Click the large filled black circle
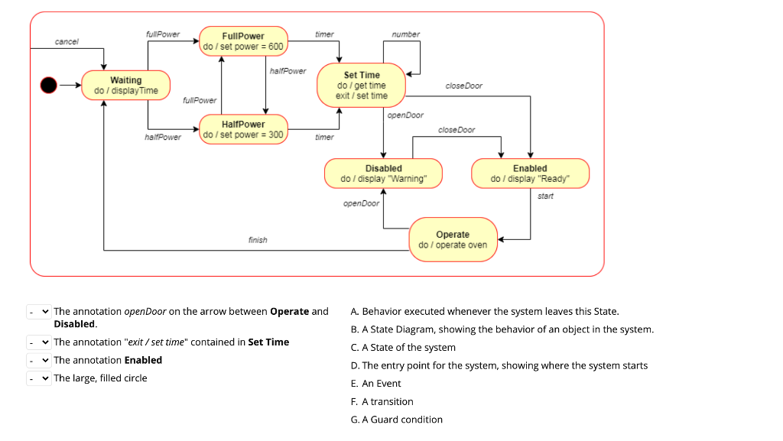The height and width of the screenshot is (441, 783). click(x=50, y=85)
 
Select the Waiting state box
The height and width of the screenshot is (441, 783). click(x=126, y=85)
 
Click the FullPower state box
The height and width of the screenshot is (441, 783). click(x=243, y=41)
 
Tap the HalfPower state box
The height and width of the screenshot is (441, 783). click(x=243, y=129)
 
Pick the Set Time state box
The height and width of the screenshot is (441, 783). click(x=362, y=85)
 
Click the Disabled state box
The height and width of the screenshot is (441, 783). click(x=383, y=173)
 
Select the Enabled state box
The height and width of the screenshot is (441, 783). click(x=530, y=173)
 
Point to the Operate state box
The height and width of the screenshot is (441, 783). click(x=453, y=239)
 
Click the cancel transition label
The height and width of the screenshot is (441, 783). click(x=67, y=41)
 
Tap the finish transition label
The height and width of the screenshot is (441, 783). click(x=258, y=240)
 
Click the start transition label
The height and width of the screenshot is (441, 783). click(x=545, y=196)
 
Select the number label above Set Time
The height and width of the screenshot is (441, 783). click(x=405, y=34)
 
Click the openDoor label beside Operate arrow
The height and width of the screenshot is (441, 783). click(x=361, y=203)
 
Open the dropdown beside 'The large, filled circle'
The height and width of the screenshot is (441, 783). click(x=39, y=378)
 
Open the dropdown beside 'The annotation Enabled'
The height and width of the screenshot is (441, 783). click(x=39, y=360)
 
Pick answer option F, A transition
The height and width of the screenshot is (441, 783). click(x=382, y=401)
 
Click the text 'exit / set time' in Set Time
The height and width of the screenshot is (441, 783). click(x=362, y=96)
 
